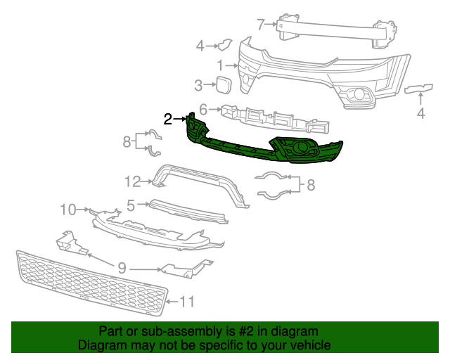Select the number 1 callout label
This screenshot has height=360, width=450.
(x=220, y=65)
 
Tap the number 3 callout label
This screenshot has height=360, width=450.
(x=198, y=86)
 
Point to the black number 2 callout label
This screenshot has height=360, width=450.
(x=167, y=120)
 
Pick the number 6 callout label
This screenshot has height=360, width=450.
(x=202, y=110)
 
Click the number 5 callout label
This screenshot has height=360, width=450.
(x=131, y=205)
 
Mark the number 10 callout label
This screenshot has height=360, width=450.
(x=67, y=209)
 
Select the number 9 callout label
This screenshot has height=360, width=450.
(x=121, y=268)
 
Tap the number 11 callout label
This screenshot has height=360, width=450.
(x=186, y=302)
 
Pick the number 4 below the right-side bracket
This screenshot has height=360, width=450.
(x=421, y=112)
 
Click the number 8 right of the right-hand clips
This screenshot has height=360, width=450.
(x=311, y=185)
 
